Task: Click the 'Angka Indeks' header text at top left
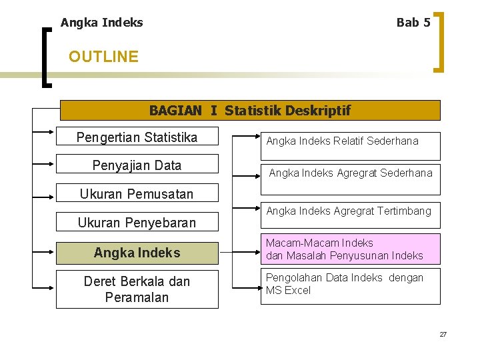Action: [101, 23]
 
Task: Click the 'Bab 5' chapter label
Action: [413, 23]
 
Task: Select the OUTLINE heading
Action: [103, 57]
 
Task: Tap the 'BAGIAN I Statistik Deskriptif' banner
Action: [250, 110]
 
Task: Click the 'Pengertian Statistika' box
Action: [137, 138]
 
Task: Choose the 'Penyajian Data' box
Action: [137, 165]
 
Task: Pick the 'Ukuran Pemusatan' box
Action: [137, 194]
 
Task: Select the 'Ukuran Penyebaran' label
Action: [137, 223]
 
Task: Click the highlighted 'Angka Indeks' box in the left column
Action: [137, 253]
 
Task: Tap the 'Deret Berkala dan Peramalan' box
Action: [137, 289]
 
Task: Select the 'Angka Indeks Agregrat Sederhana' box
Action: [350, 173]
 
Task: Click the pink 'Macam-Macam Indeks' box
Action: [350, 249]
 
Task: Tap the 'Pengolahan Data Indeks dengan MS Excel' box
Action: [350, 285]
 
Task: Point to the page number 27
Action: [443, 334]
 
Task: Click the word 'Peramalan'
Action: [137, 297]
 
